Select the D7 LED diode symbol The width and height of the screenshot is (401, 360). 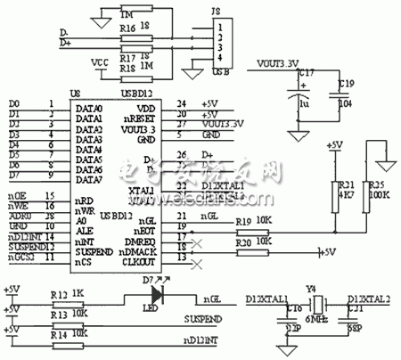tap(160, 291)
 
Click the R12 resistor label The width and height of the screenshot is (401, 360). tap(59, 293)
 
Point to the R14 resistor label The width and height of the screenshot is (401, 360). tap(59, 332)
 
